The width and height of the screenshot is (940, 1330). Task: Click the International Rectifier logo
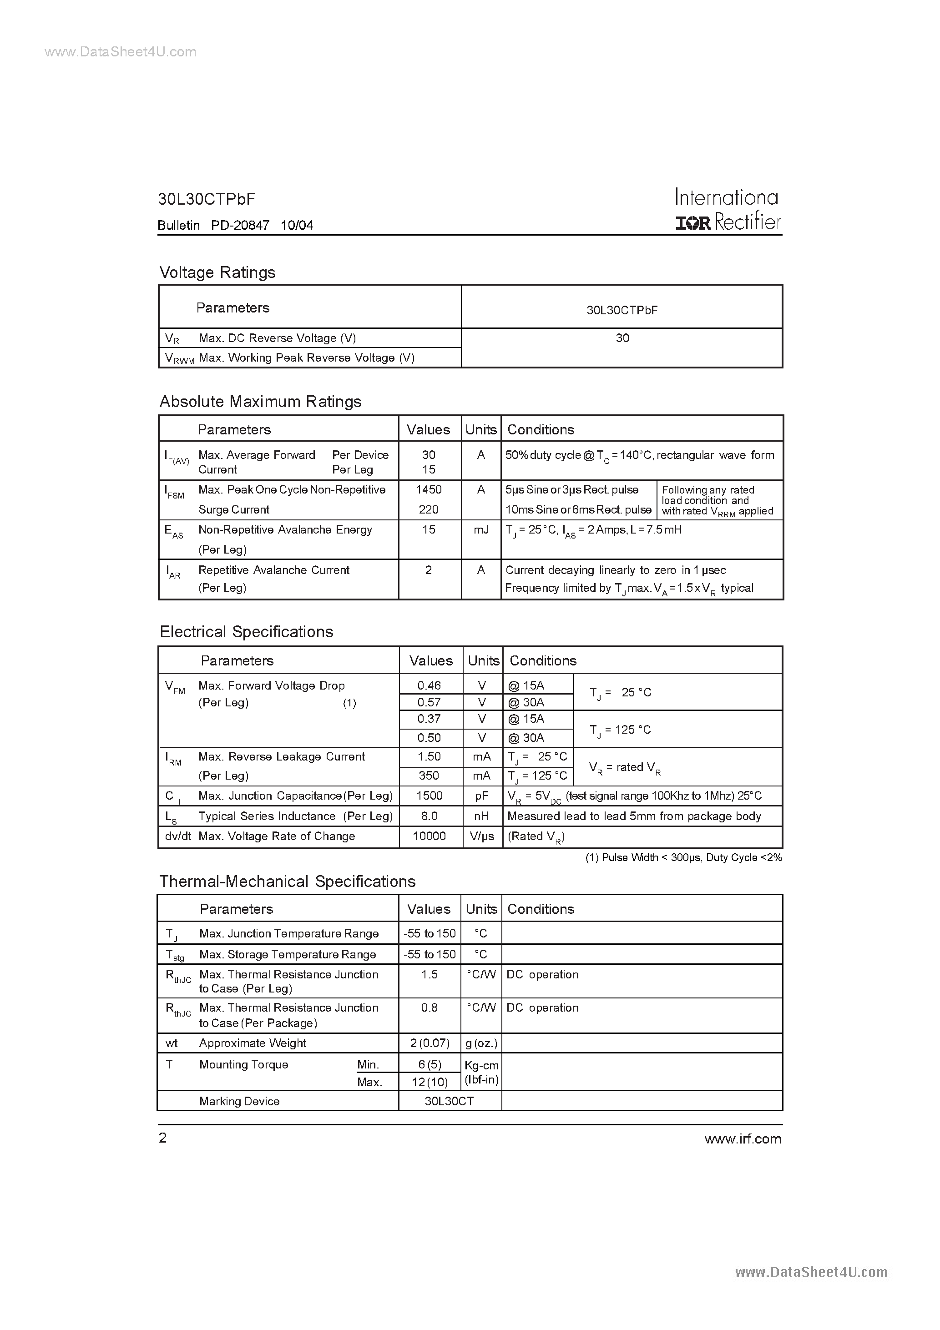click(x=728, y=210)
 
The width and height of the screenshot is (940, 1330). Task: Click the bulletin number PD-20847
click(x=240, y=225)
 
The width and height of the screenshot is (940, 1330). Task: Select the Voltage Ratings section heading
click(x=217, y=272)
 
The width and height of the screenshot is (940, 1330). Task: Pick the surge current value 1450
click(x=429, y=489)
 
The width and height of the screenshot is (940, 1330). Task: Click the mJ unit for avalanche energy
click(x=481, y=529)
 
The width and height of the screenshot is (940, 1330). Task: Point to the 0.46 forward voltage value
click(x=429, y=685)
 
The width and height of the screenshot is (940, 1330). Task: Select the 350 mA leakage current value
click(x=429, y=776)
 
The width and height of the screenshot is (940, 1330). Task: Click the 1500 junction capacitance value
click(x=429, y=796)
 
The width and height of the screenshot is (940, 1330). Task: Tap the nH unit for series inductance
click(x=481, y=816)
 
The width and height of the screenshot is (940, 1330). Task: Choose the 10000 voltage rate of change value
click(x=429, y=836)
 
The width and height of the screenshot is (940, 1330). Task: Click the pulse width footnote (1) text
click(x=682, y=858)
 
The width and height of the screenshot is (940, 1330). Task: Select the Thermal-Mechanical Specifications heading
click(x=288, y=882)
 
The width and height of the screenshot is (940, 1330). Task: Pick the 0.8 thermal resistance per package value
click(x=430, y=1008)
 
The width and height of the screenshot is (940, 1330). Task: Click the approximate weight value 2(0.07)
click(x=430, y=1043)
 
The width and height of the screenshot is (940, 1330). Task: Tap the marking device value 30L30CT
click(x=449, y=1101)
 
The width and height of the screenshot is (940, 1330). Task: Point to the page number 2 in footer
click(x=163, y=1138)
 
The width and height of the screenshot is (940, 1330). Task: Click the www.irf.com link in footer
click(x=743, y=1139)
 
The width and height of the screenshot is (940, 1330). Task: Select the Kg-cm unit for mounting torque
click(x=481, y=1065)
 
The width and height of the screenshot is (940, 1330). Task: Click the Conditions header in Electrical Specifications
click(x=543, y=660)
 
